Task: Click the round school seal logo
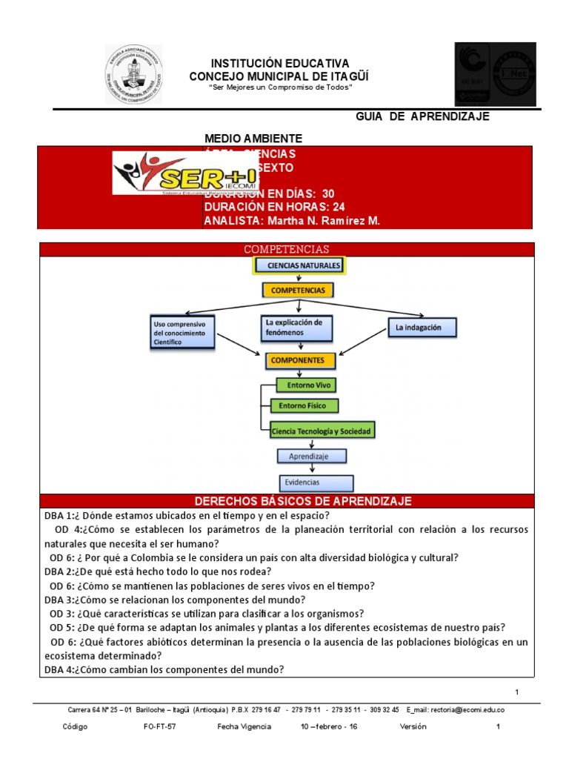click(x=133, y=74)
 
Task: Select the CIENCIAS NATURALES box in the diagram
click(x=299, y=265)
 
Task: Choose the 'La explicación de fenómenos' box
click(x=297, y=327)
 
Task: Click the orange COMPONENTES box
click(x=298, y=360)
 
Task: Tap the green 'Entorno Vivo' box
click(x=305, y=385)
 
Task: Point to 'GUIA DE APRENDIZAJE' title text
click(x=422, y=117)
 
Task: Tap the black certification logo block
click(x=495, y=74)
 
